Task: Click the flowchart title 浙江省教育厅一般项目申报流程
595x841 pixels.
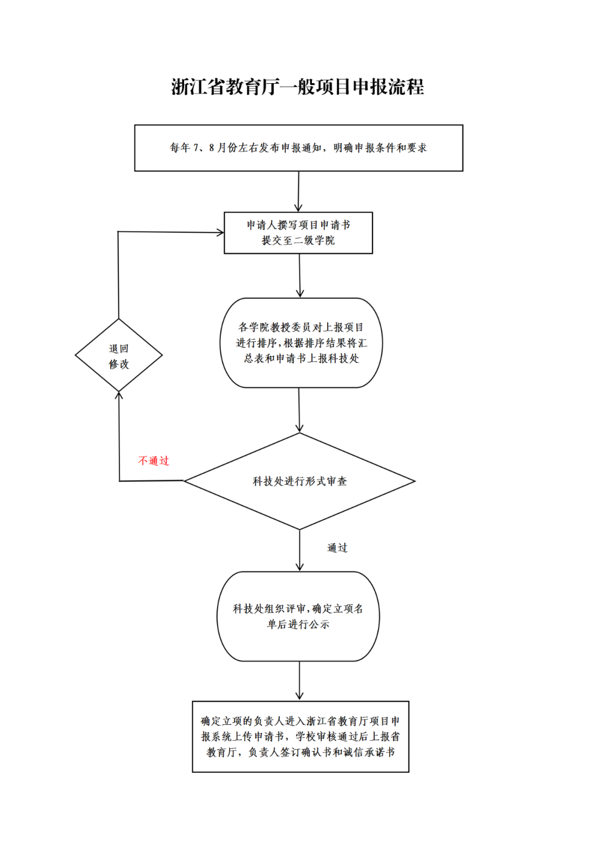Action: coord(297,87)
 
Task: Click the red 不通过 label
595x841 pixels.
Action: coord(154,461)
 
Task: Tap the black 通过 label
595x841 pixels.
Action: coord(337,548)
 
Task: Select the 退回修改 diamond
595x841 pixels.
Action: coord(118,356)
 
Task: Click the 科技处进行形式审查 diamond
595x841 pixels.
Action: coord(299,481)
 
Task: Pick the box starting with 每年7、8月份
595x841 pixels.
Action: coord(299,148)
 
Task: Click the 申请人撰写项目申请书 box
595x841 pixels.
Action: coord(298,232)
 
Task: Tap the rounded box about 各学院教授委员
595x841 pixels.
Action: coord(301,343)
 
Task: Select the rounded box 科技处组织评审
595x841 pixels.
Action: coord(298,616)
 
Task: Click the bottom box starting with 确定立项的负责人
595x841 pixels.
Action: coord(300,736)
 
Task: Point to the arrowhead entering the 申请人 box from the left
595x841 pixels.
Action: coord(220,232)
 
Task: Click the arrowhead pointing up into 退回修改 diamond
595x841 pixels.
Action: coord(118,395)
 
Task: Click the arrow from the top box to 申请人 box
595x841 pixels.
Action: coord(299,192)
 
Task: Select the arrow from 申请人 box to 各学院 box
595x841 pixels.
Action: coord(300,275)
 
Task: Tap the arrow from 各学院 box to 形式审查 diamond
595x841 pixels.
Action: coord(299,410)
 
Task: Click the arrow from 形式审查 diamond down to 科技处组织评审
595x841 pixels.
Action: coord(300,550)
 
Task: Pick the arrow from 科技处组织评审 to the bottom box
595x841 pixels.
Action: coord(300,681)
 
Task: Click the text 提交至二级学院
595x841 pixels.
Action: coord(298,241)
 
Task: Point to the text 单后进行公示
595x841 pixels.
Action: coord(298,625)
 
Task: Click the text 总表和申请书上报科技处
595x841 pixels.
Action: coord(301,359)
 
